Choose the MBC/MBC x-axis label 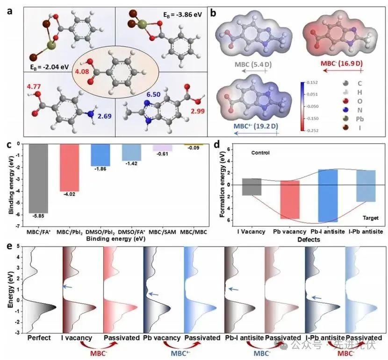point(194,231)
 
